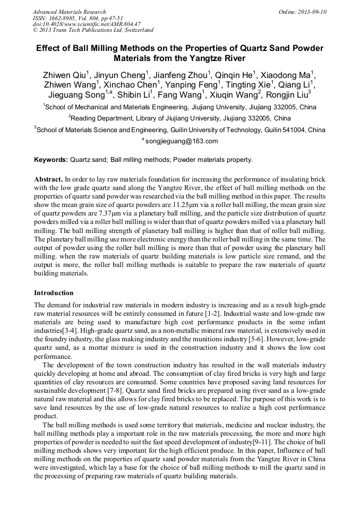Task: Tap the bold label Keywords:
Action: click(51, 159)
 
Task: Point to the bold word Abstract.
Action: click(48, 180)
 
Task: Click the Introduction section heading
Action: click(54, 293)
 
